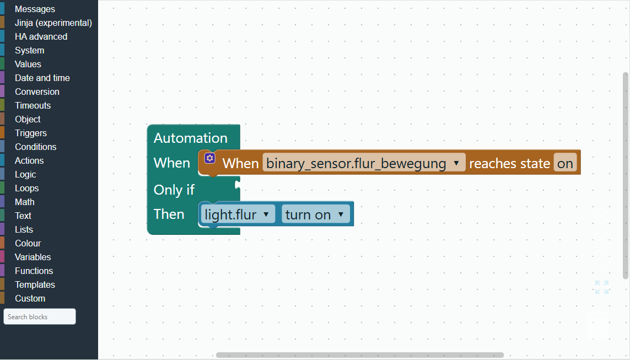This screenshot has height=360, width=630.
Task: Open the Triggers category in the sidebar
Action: (31, 133)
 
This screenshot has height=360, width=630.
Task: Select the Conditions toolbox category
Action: (35, 147)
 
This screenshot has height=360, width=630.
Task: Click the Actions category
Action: (29, 161)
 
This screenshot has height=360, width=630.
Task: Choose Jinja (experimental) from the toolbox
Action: (53, 23)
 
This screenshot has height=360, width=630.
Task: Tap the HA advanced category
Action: (41, 36)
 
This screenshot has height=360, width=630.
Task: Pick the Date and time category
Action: (42, 78)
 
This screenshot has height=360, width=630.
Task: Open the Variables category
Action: (33, 257)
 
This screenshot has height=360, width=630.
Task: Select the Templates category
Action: (35, 285)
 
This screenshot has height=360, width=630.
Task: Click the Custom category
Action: (30, 298)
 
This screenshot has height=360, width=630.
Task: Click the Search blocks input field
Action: (39, 316)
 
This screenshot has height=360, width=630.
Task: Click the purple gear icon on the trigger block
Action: (210, 158)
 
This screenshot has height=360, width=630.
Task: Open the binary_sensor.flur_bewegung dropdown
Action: (364, 163)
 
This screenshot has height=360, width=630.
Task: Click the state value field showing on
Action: (565, 163)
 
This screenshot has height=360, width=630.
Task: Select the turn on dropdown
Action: (316, 214)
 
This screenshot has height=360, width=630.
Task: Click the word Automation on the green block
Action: (191, 138)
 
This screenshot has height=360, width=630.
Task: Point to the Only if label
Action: (174, 190)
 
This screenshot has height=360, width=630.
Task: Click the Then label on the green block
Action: (169, 214)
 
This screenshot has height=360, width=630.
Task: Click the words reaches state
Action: (509, 164)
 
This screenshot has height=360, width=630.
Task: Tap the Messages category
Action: (35, 9)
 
